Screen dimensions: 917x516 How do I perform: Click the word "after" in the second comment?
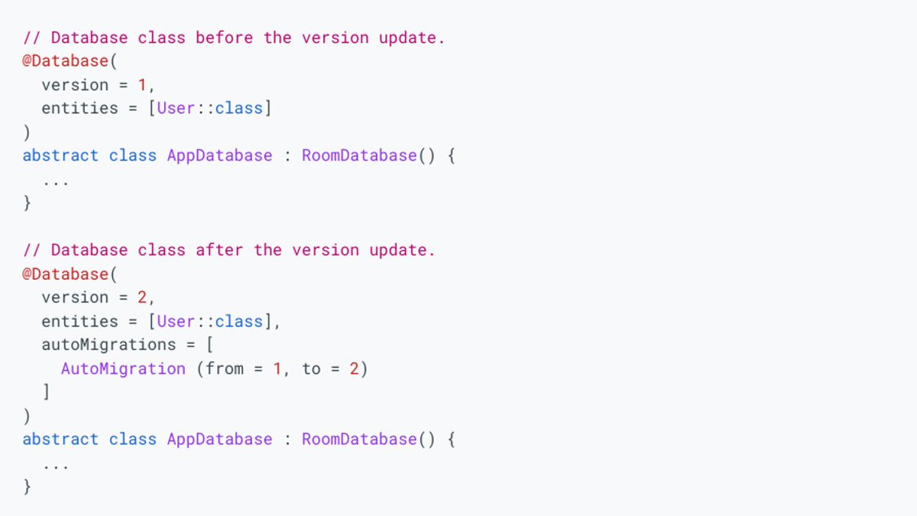[x=219, y=250]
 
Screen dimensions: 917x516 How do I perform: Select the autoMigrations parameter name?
[x=109, y=345]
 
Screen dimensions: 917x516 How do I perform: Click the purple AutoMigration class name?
[x=123, y=368]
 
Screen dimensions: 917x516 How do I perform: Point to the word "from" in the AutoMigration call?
[x=225, y=368]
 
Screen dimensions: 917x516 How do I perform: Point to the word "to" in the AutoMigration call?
[x=311, y=368]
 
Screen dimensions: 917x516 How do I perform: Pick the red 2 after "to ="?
[x=354, y=368]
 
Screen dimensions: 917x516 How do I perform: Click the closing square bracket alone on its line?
[x=47, y=392]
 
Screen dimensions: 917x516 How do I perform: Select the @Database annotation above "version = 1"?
[x=65, y=61]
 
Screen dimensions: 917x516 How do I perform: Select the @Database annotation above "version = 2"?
[x=65, y=274]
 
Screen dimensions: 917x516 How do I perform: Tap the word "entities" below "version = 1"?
[x=79, y=109]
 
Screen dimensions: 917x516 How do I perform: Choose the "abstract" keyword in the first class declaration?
[x=60, y=156]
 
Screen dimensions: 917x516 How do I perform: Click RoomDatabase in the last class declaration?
[x=359, y=440]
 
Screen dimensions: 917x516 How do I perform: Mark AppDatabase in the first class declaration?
[x=219, y=156]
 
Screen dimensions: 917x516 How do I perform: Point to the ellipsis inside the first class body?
[x=56, y=181]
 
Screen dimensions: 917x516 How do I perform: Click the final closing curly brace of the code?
[x=28, y=486]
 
